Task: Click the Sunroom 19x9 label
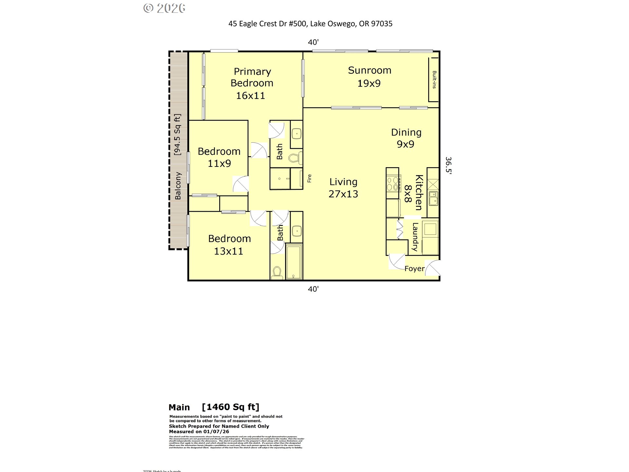click(369, 77)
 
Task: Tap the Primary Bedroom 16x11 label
click(252, 83)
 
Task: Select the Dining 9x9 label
click(406, 138)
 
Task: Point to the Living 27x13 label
click(343, 188)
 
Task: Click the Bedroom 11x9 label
click(219, 157)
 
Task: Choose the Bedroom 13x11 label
click(229, 245)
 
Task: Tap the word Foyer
click(414, 269)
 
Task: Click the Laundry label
click(415, 237)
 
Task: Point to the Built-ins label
click(434, 80)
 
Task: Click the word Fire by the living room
click(309, 178)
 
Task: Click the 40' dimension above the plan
click(313, 42)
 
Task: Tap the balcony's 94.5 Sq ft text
click(177, 134)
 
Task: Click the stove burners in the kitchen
click(393, 184)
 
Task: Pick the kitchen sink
click(433, 199)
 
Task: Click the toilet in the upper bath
click(295, 158)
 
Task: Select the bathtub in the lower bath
click(294, 261)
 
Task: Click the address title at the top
click(310, 24)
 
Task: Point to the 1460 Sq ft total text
click(231, 407)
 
